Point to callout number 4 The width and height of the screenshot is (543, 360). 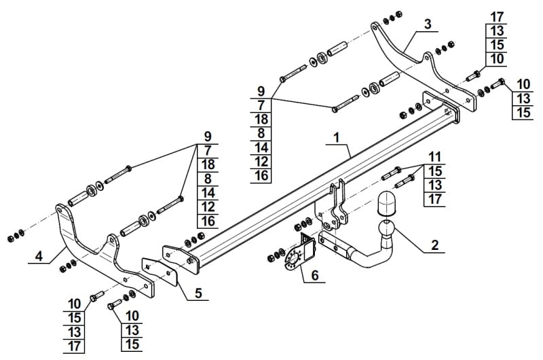pyautogui.click(x=39, y=256)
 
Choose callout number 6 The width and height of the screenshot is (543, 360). pyautogui.click(x=314, y=276)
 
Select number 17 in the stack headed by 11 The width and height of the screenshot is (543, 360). pyautogui.click(x=435, y=198)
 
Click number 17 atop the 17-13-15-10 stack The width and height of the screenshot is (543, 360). pyautogui.click(x=496, y=16)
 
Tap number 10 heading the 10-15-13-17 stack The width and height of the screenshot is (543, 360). pyautogui.click(x=75, y=304)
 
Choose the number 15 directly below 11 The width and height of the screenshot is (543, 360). pyautogui.click(x=435, y=171)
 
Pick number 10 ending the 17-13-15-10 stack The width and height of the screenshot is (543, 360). pyautogui.click(x=496, y=59)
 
